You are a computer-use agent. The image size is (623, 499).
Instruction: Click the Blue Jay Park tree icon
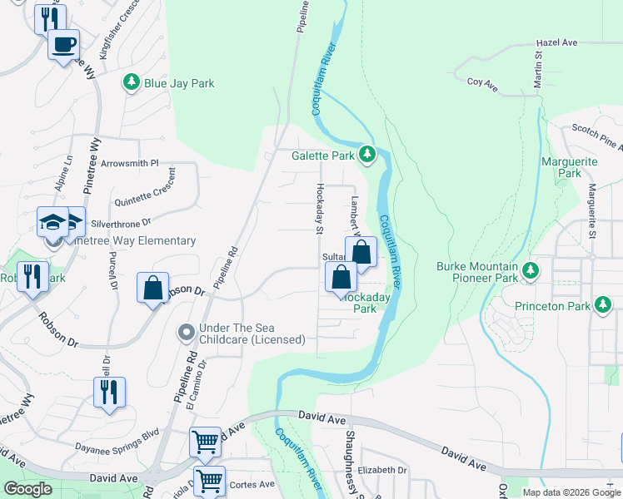click(131, 82)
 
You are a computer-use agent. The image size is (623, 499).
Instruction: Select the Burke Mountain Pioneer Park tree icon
click(531, 269)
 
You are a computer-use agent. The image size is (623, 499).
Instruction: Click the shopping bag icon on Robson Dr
click(153, 289)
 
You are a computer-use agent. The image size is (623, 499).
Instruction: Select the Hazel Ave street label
click(557, 42)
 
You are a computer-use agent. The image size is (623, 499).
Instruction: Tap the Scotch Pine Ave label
click(596, 137)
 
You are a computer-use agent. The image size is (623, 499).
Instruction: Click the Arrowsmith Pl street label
click(129, 164)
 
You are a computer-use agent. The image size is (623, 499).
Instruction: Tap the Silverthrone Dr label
click(121, 223)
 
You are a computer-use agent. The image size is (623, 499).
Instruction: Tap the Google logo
click(27, 489)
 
